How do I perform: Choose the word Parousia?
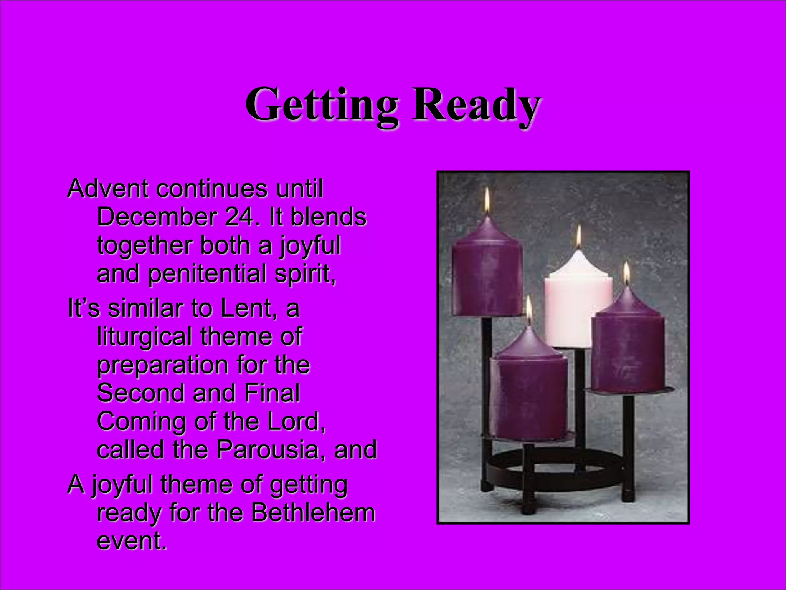(x=267, y=449)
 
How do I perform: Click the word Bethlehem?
(x=313, y=513)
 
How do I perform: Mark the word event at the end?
(x=131, y=541)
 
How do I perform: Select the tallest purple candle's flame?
(x=487, y=200)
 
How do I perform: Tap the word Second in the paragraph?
(x=141, y=393)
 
